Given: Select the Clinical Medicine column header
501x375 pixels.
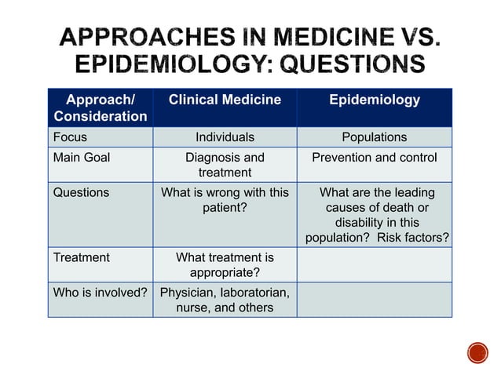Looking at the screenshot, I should click(225, 100).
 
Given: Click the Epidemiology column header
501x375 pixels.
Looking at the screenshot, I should click(375, 100).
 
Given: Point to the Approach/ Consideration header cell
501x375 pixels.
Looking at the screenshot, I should click(101, 108).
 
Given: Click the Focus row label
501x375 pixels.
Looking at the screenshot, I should click(70, 137).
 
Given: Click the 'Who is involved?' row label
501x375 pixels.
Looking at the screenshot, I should click(101, 293).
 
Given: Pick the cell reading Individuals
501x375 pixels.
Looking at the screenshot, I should click(225, 137).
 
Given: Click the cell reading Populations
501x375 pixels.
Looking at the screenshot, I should click(375, 137).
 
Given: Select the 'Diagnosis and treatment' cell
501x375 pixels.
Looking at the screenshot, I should click(225, 165).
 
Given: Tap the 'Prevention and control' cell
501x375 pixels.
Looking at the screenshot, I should click(375, 158).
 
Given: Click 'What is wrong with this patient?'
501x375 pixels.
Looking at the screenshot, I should click(225, 200).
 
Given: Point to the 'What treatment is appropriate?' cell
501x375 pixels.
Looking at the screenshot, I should click(225, 265).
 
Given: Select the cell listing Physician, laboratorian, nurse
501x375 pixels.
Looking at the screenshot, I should click(225, 300).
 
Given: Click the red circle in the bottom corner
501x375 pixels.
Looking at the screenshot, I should click(477, 352).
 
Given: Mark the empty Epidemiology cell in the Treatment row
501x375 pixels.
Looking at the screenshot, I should click(375, 265).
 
